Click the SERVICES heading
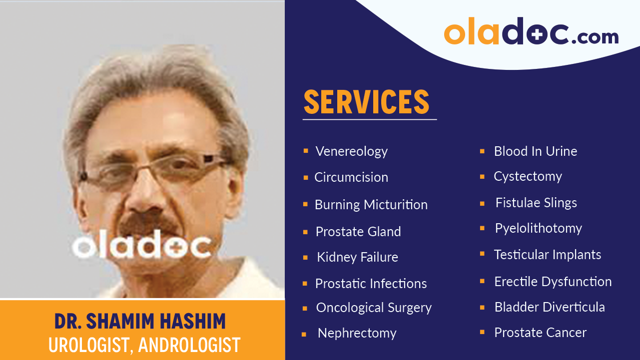point(366,102)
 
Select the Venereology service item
point(351,151)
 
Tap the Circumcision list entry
point(351,177)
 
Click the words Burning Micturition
point(371,205)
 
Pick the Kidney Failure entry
point(357,257)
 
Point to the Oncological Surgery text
point(373,308)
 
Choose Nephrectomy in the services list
point(357,333)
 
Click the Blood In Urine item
point(535,151)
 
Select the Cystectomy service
point(528,176)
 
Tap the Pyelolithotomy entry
point(538,228)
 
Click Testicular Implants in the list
point(547,255)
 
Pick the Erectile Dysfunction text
point(553,282)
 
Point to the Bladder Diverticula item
point(549,307)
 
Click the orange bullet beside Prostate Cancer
point(482,332)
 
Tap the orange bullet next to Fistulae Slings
point(482,203)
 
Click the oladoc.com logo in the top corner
point(531,32)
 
